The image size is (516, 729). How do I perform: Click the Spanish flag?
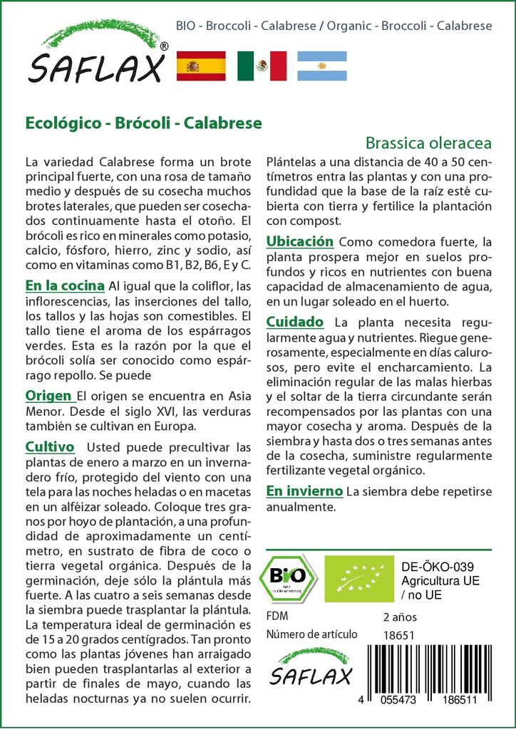pos(200,66)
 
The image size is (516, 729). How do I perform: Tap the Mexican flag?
pos(262,66)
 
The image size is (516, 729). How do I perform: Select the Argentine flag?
pos(321,66)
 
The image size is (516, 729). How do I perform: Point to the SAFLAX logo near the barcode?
pos(310,666)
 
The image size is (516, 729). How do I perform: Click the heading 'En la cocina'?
pos(64,286)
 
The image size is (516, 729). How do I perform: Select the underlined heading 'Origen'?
pos(48,396)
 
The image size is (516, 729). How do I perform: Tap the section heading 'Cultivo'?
pos(50,447)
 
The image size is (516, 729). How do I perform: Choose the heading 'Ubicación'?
pos(299,242)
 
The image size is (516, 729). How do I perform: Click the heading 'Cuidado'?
pos(294,322)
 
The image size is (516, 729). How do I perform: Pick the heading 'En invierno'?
pos(304,491)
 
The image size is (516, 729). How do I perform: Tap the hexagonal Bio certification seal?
pos(289,577)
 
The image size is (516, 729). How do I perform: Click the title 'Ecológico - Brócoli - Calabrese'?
pos(143,122)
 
